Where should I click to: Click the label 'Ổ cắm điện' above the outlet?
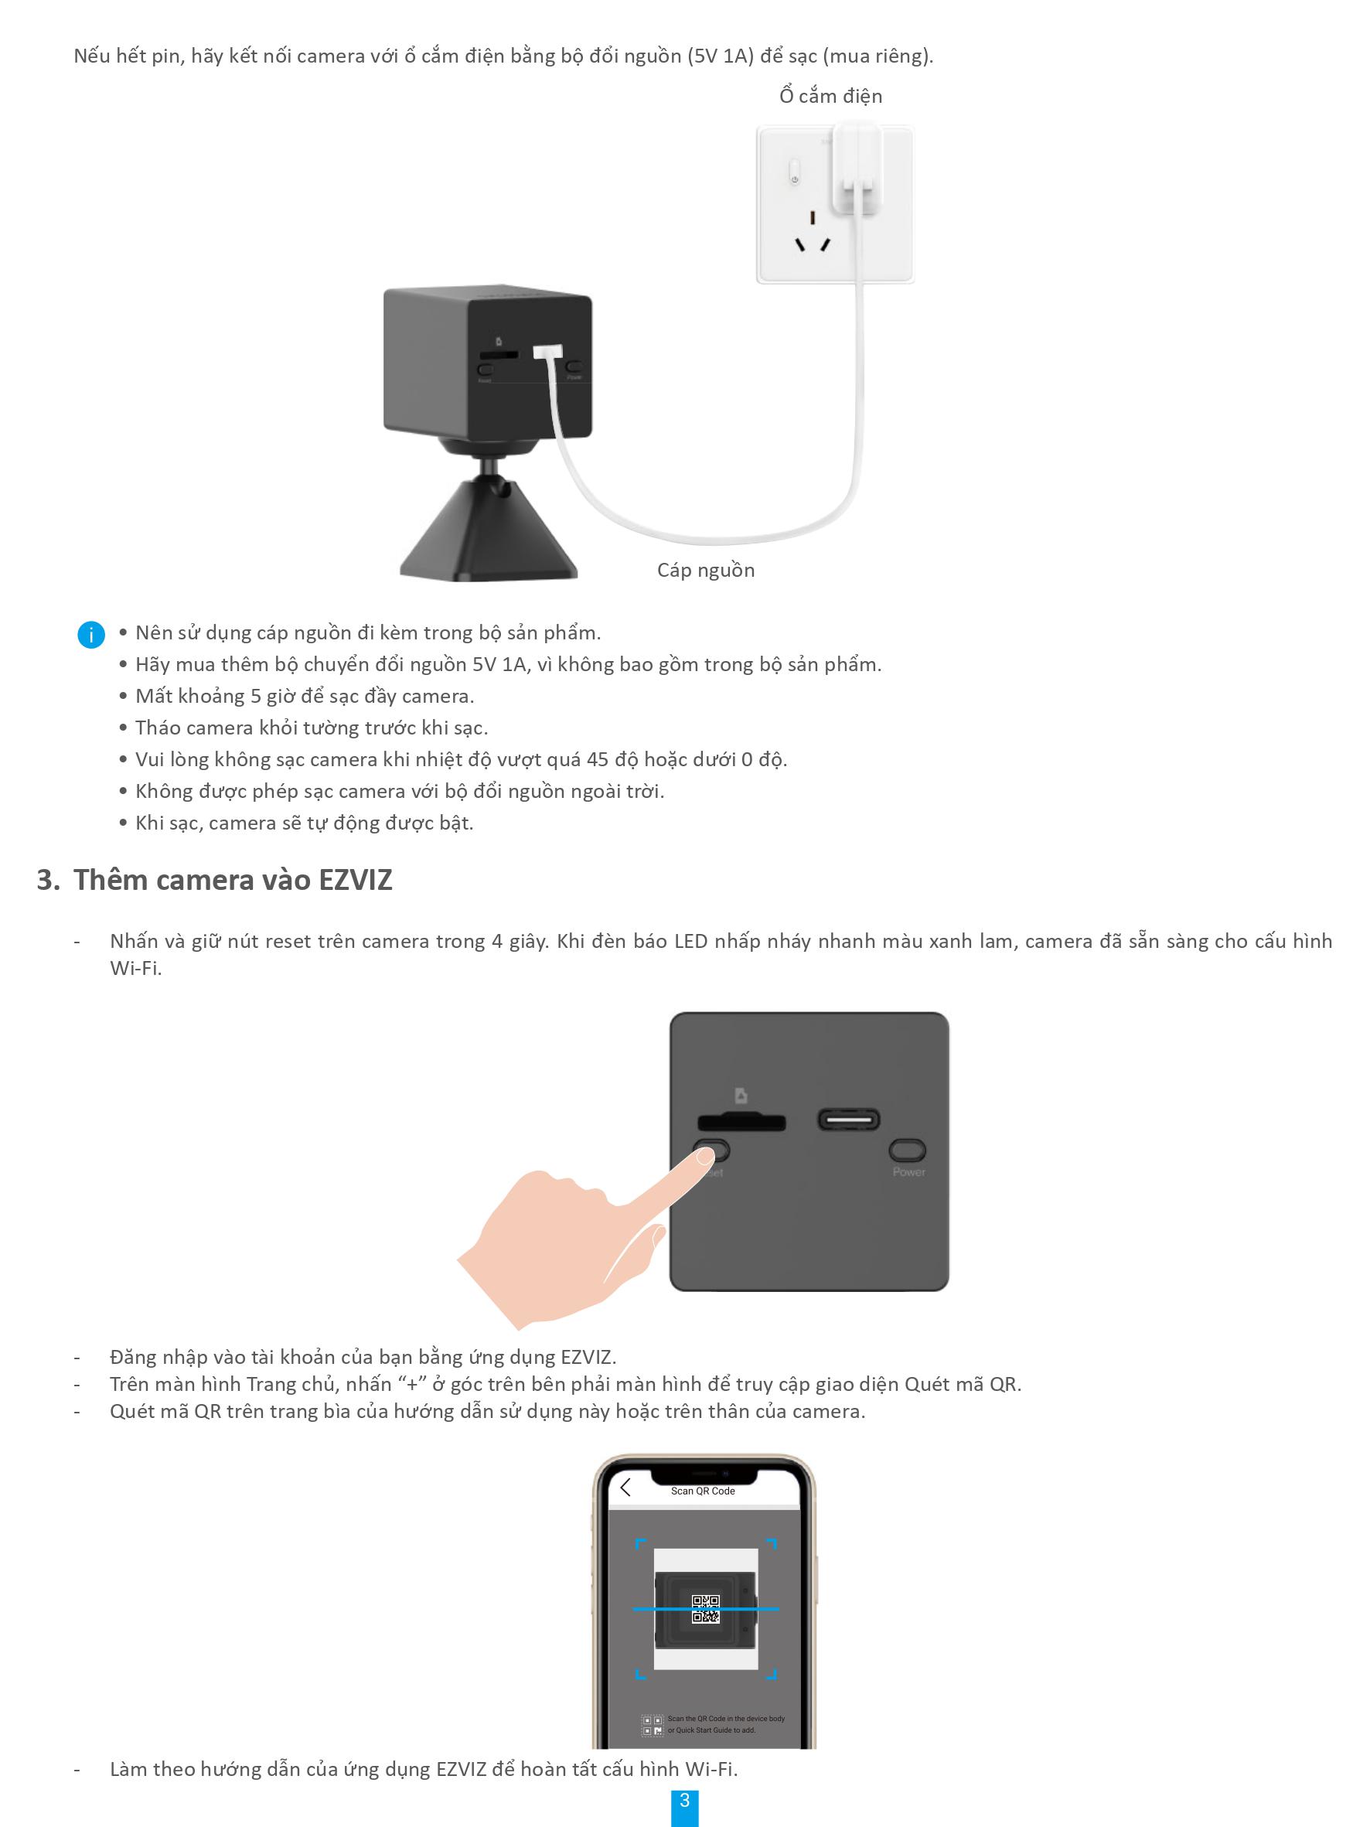pos(830,97)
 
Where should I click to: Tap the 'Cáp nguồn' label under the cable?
pos(705,571)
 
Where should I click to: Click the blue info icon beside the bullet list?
pos(90,634)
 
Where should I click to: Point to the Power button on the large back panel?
pos(907,1150)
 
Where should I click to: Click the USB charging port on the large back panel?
pos(848,1120)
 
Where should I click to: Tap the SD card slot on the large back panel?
pos(741,1123)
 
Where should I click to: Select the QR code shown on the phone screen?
pos(705,1608)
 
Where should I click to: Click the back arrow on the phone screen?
pos(625,1488)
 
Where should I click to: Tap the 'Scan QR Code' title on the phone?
pos(702,1491)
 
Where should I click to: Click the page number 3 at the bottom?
pos(683,1800)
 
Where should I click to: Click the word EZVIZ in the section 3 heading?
pos(354,881)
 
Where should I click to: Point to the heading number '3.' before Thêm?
pos(48,881)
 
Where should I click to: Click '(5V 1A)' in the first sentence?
pos(720,56)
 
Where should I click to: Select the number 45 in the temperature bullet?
pos(597,760)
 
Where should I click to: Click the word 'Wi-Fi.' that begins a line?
pos(135,968)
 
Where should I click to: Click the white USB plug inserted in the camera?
pos(547,352)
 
